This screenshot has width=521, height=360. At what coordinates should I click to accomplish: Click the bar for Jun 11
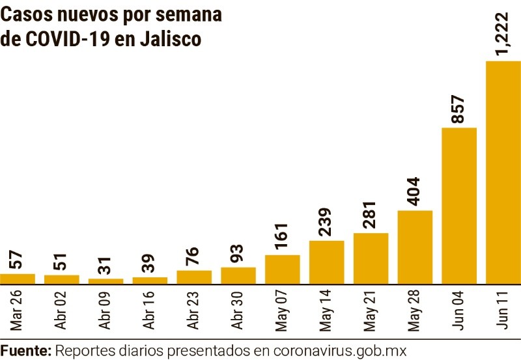click(x=503, y=173)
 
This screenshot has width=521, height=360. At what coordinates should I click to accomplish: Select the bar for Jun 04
click(x=459, y=206)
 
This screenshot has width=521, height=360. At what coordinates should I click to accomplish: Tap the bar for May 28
click(x=415, y=247)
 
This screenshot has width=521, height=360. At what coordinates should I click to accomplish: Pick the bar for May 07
click(x=283, y=270)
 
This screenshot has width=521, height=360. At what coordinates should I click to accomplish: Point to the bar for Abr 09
click(x=106, y=281)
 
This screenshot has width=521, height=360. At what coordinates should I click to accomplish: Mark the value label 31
click(x=106, y=265)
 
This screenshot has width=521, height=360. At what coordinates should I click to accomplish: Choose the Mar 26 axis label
click(x=17, y=310)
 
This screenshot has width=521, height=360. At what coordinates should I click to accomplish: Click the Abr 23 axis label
click(x=194, y=310)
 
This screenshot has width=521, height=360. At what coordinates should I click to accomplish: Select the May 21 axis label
click(x=371, y=310)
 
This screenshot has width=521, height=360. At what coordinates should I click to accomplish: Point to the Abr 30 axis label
click(x=238, y=310)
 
